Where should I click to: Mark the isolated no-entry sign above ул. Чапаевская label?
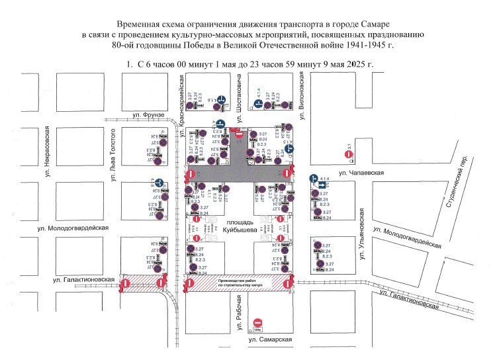pos(349,154)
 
